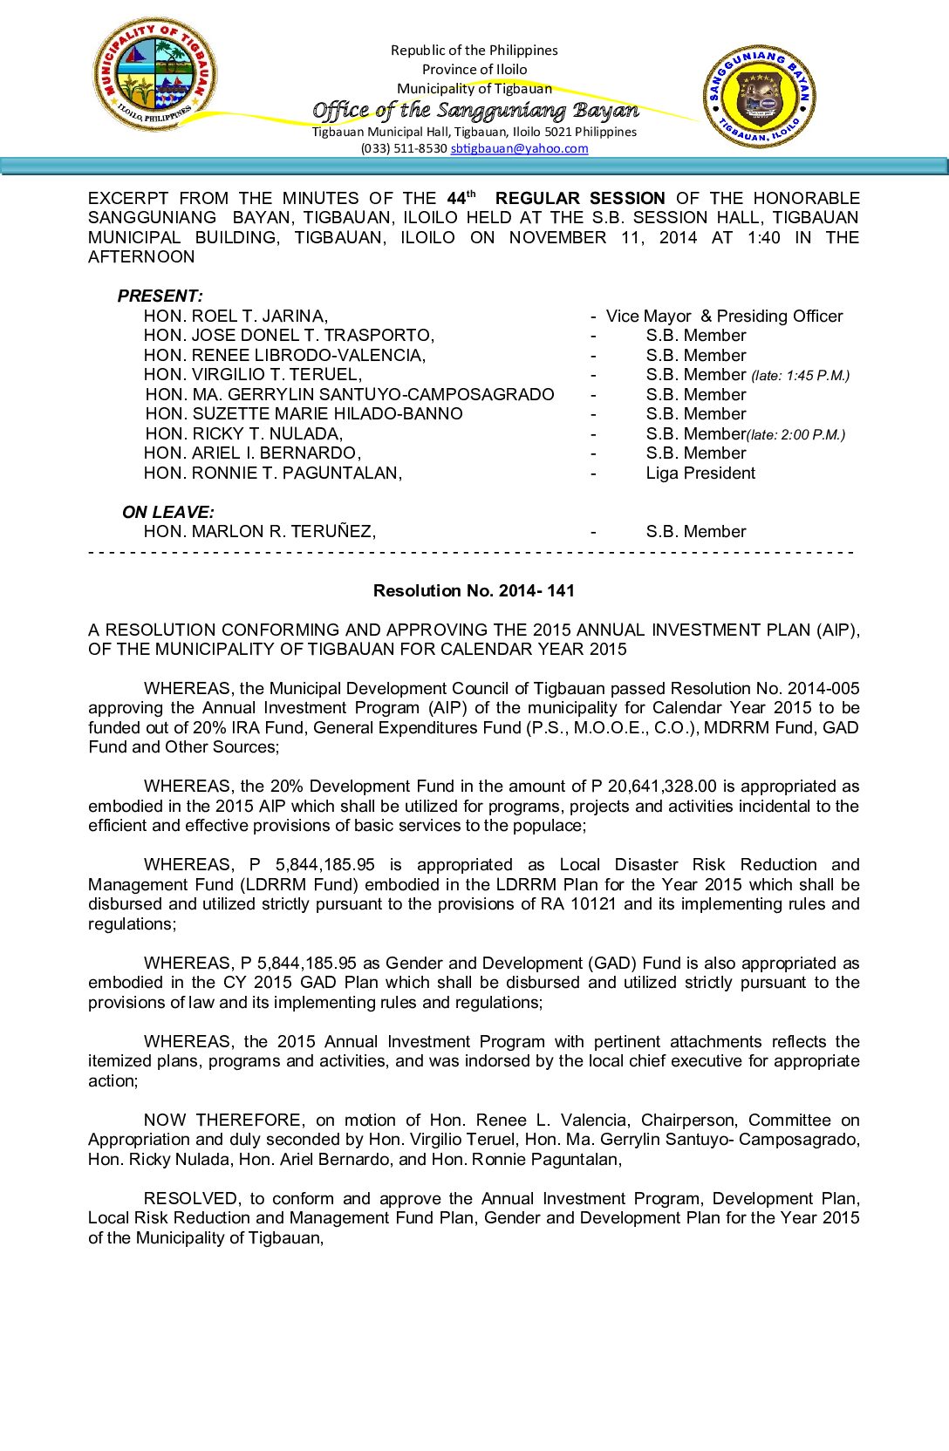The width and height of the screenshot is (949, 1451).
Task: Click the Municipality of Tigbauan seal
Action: pyautogui.click(x=154, y=74)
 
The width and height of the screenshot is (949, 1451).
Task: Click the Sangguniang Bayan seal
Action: pyautogui.click(x=760, y=96)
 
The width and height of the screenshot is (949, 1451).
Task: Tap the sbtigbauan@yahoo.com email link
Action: pyautogui.click(x=519, y=148)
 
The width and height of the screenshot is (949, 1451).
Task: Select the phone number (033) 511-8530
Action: pyautogui.click(x=404, y=148)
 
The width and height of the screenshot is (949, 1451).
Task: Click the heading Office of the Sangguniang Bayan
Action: pyautogui.click(x=475, y=110)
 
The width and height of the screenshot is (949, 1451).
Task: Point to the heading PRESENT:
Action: pyautogui.click(x=160, y=296)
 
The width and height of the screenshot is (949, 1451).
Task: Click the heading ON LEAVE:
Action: pyautogui.click(x=167, y=512)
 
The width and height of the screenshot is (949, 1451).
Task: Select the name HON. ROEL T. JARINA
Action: pyautogui.click(x=236, y=316)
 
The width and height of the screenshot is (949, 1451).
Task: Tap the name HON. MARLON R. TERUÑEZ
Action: pyautogui.click(x=259, y=531)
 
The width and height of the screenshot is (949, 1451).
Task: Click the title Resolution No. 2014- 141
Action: pyautogui.click(x=474, y=590)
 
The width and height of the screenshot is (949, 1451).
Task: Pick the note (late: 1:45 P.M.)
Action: pyautogui.click(x=800, y=376)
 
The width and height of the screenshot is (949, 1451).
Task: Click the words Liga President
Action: pyautogui.click(x=700, y=473)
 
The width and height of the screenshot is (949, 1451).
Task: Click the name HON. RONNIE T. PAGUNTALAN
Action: pyautogui.click(x=272, y=473)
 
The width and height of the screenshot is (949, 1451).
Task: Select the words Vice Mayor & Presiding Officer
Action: pyautogui.click(x=724, y=316)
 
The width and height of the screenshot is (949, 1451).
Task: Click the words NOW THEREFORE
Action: pyautogui.click(x=223, y=1120)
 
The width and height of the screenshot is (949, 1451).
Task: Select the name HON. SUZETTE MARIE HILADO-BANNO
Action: pyautogui.click(x=304, y=413)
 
